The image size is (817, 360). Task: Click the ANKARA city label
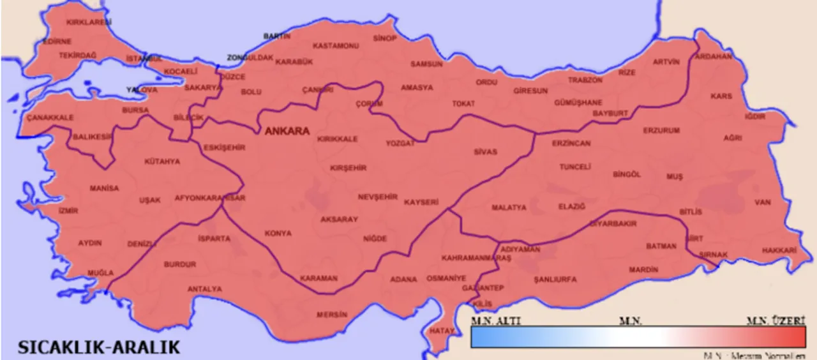point(287,131)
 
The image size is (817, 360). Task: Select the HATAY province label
point(441,331)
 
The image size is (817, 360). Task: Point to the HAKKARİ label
point(779,250)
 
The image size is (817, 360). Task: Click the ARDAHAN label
point(714,56)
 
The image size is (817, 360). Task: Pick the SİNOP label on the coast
point(385,38)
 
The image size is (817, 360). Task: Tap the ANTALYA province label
point(205,289)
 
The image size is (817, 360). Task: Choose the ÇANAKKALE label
point(50,117)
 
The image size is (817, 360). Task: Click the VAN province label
point(763,202)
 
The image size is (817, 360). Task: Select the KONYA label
point(278,234)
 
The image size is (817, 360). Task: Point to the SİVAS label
point(485,152)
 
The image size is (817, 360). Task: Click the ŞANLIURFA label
point(555,280)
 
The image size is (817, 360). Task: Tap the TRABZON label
point(585,80)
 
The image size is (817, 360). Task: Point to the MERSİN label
point(333,315)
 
